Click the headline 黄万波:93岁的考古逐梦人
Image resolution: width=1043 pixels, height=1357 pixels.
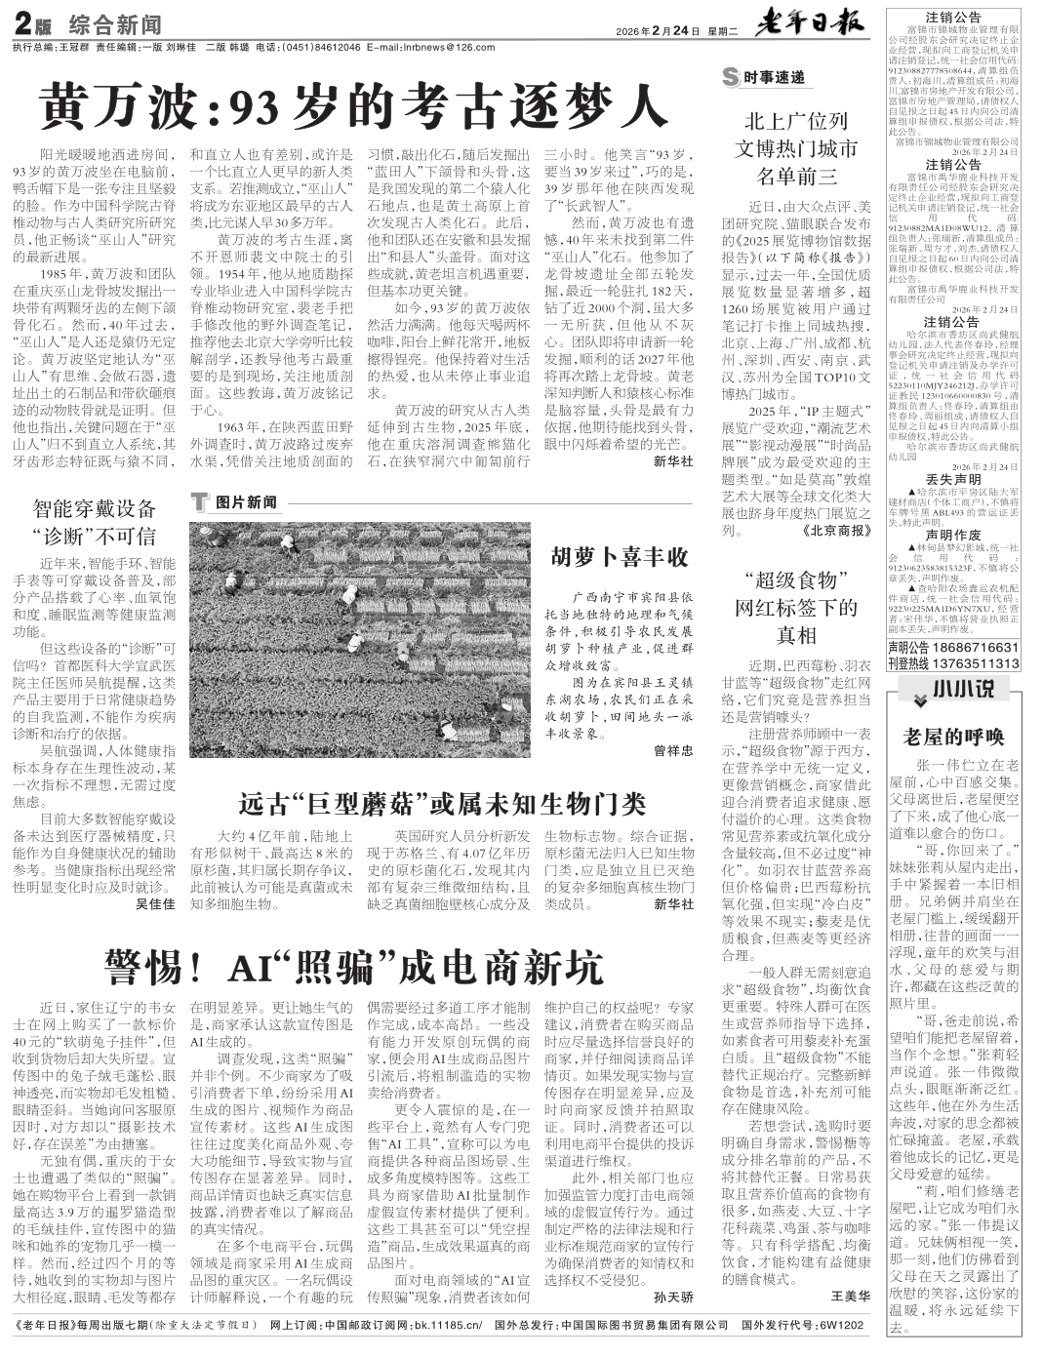click(352, 105)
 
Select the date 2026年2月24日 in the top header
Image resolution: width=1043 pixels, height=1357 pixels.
click(659, 30)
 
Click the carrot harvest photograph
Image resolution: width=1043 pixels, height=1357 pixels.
click(360, 639)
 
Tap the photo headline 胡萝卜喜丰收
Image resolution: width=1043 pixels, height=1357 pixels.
click(620, 558)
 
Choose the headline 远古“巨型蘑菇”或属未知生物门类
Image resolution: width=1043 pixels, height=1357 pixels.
click(442, 804)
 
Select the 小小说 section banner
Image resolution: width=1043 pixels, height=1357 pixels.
click(954, 690)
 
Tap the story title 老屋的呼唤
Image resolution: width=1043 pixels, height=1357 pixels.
click(953, 735)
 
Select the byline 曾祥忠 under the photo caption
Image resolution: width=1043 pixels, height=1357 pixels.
click(672, 750)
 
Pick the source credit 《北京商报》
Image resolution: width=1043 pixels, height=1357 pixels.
click(834, 531)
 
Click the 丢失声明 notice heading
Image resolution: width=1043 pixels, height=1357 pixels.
click(953, 480)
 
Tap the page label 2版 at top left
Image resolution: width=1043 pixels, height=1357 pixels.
click(33, 24)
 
